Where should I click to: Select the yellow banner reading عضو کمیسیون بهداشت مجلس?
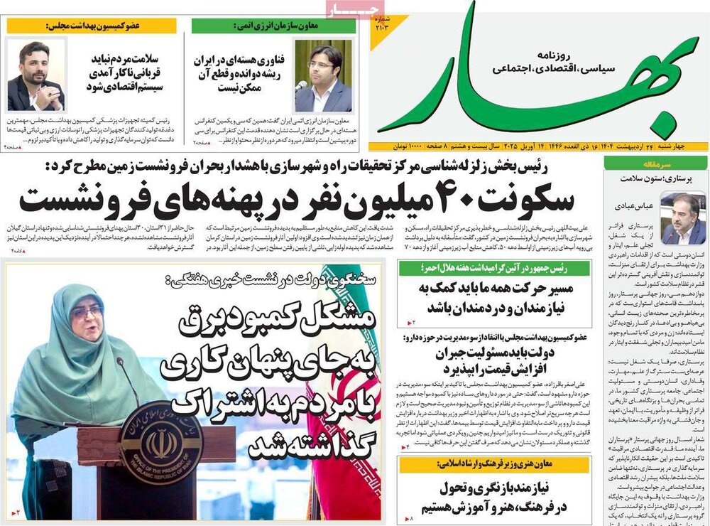(x=92, y=26)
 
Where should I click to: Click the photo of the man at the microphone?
(x=323, y=75)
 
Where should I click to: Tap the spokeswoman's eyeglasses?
(x=87, y=312)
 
